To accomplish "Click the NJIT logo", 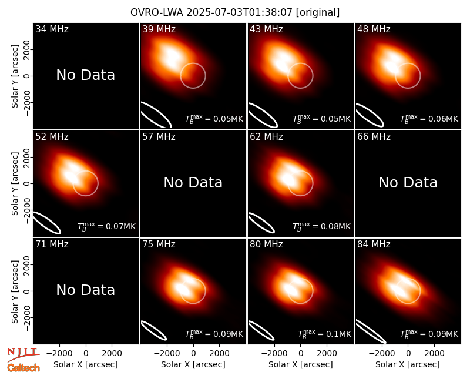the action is pos(23,354).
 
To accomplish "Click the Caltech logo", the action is pos(23,368).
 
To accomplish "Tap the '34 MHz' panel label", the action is pos(52,29).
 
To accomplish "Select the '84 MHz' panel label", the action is pos(374,244).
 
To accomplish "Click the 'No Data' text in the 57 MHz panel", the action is pos(193,182).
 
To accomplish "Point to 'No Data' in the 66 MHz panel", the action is pos(408,182).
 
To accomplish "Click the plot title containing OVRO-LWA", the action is pos(235,12).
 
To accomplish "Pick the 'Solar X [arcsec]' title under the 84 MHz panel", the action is pos(408,364).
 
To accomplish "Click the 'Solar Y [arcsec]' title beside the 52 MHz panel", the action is pos(15,183).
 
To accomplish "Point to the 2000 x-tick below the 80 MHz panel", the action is pos(327,353).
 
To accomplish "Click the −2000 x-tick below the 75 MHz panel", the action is pos(164,353).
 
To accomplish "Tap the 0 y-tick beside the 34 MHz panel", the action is pos(27,76).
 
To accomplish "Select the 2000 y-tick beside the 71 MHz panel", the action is pos(27,264).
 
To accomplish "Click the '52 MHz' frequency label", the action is pos(52,137).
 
